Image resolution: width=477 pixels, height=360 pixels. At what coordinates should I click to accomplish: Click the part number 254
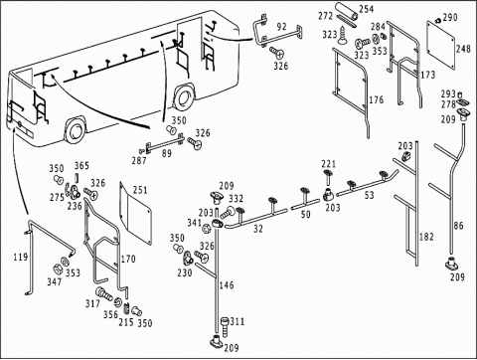click(x=367, y=9)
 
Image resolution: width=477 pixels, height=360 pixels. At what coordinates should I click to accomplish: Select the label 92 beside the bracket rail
click(x=281, y=27)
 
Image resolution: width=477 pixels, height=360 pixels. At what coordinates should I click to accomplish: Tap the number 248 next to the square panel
click(x=463, y=49)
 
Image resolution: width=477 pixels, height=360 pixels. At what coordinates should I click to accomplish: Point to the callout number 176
click(x=377, y=99)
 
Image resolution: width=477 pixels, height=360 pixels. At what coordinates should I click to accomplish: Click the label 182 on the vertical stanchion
click(x=426, y=237)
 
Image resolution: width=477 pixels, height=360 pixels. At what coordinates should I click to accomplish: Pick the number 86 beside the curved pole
click(x=458, y=226)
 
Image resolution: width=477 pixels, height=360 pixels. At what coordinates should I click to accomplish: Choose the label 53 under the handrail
click(x=369, y=195)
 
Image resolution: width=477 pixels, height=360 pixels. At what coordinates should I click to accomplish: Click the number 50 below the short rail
click(x=306, y=214)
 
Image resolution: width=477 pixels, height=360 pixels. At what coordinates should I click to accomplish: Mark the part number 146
click(x=227, y=284)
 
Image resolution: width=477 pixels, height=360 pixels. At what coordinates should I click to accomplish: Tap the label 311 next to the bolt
click(x=238, y=321)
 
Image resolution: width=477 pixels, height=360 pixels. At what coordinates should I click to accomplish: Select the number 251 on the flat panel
click(x=140, y=190)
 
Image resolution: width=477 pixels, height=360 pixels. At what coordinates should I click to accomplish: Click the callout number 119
click(x=21, y=257)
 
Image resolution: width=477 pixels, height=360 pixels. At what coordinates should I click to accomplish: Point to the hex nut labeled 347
click(x=57, y=269)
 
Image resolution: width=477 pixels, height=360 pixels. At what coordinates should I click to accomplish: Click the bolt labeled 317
click(x=104, y=293)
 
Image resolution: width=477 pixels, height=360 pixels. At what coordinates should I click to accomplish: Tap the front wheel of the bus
click(x=76, y=129)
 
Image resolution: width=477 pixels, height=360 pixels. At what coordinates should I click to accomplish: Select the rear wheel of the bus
click(x=182, y=97)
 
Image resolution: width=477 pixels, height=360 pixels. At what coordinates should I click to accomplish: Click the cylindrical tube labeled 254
click(x=347, y=12)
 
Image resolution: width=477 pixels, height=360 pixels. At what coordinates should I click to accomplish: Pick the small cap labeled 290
click(x=438, y=21)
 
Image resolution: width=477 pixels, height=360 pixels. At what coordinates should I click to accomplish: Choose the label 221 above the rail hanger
click(x=328, y=164)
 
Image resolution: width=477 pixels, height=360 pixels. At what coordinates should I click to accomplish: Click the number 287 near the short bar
click(x=139, y=160)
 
